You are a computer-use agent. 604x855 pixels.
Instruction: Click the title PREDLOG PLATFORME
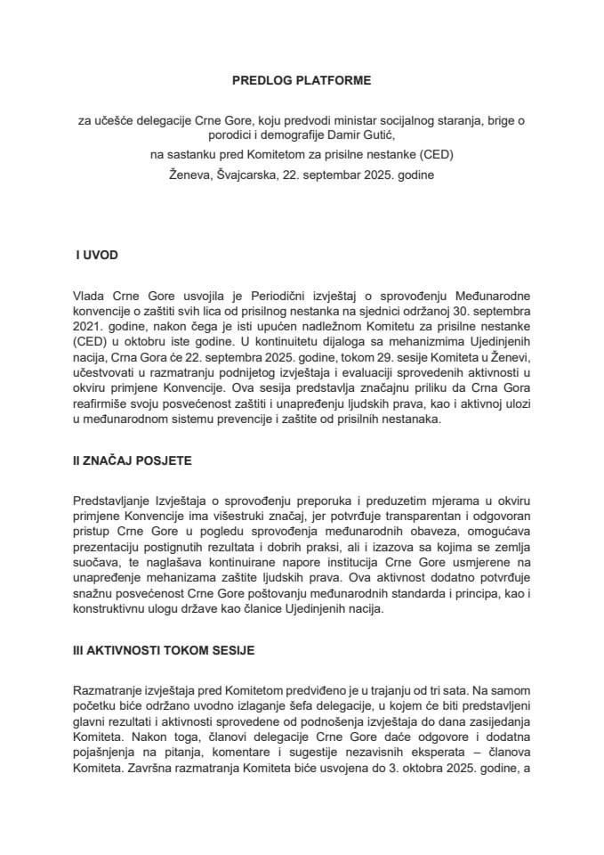301,80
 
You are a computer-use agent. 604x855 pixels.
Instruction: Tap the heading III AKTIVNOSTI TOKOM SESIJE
165,650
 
